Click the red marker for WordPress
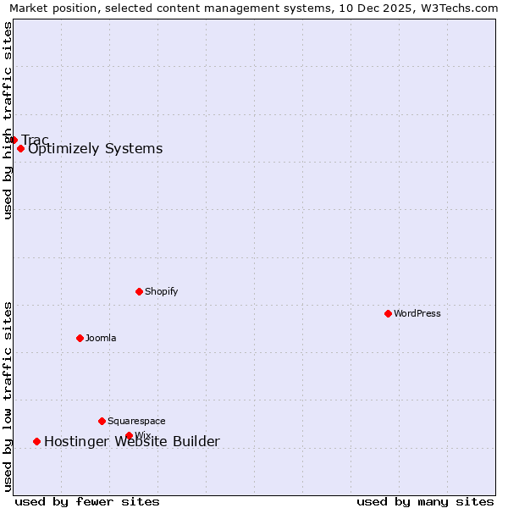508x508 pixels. (x=388, y=313)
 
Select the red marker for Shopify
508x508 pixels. (x=139, y=291)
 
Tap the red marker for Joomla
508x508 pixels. (x=80, y=338)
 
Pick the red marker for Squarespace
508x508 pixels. (x=102, y=421)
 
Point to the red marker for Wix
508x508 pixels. (x=129, y=436)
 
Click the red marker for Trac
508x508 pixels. (x=14, y=140)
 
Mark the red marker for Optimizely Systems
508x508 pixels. (x=20, y=149)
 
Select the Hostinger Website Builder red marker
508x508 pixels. (x=36, y=441)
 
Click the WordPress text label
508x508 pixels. (x=417, y=313)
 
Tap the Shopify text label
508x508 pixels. (x=161, y=291)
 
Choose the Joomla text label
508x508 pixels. (x=101, y=338)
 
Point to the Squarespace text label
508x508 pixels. (x=136, y=421)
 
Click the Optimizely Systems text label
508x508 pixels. (x=95, y=149)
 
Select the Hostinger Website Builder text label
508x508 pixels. (x=131, y=441)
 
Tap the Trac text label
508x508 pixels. (x=35, y=140)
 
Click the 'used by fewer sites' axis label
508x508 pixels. (x=87, y=501)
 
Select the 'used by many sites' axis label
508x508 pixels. (x=425, y=501)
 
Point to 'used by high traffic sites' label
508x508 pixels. (x=8, y=120)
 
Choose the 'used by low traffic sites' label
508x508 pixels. (x=8, y=396)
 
